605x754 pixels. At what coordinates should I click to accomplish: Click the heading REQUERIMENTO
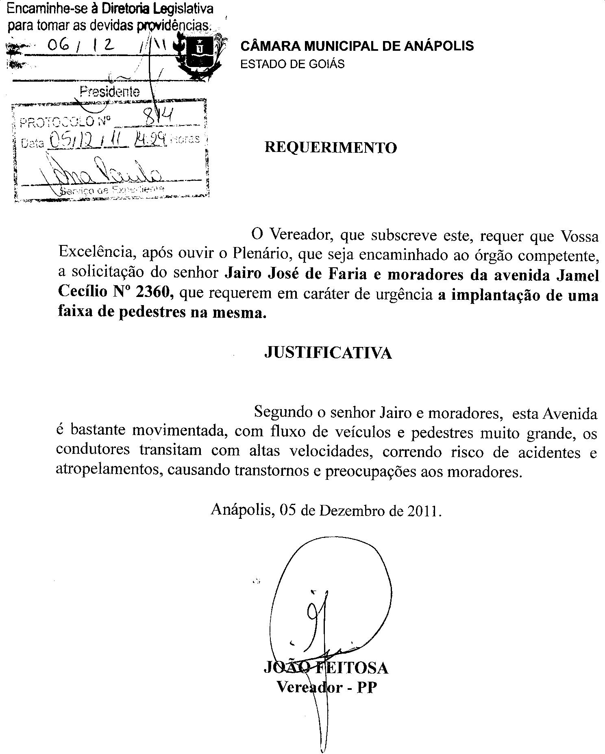tap(331, 147)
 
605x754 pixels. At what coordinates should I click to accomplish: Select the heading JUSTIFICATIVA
tap(328, 353)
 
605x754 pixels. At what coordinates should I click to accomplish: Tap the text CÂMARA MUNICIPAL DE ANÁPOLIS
tap(357, 46)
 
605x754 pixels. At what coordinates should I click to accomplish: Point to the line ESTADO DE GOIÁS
tap(292, 64)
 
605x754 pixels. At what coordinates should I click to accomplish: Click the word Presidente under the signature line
tap(110, 91)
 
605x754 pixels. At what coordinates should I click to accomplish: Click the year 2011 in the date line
tap(423, 511)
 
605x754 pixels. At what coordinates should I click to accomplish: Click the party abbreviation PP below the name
tap(367, 687)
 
